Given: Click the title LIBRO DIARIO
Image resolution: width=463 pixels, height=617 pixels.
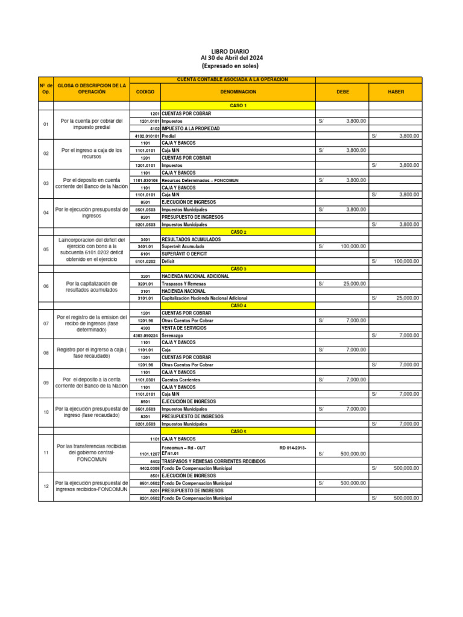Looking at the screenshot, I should pos(231,51).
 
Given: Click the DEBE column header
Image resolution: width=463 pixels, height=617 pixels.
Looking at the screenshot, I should pos(342,92).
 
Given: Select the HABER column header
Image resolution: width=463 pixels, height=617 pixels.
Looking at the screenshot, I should pos(396,92).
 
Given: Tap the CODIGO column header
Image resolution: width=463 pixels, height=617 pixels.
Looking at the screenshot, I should pos(145,92).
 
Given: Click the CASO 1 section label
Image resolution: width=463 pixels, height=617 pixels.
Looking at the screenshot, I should pos(238,105).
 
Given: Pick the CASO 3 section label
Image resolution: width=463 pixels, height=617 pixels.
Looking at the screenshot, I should pos(238,269).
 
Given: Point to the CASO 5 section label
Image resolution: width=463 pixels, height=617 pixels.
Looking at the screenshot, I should pos(238,431).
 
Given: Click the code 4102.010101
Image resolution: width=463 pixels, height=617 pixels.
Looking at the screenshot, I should pos(145,136).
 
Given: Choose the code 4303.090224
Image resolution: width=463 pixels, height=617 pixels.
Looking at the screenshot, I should pos(145,335).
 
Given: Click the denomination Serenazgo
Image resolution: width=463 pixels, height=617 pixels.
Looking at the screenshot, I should pos(174,335).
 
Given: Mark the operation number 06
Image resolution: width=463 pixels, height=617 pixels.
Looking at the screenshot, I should pos(45,287).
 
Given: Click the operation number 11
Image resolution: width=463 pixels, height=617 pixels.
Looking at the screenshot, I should pos(45,453).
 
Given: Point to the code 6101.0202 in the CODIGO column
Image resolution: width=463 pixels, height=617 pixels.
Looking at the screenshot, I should pos(145,262).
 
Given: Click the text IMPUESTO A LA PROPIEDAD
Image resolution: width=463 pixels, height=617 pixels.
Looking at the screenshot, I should pos(191,128).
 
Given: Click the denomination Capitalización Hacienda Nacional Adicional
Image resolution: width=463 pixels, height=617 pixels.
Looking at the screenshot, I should pos(204,298).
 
